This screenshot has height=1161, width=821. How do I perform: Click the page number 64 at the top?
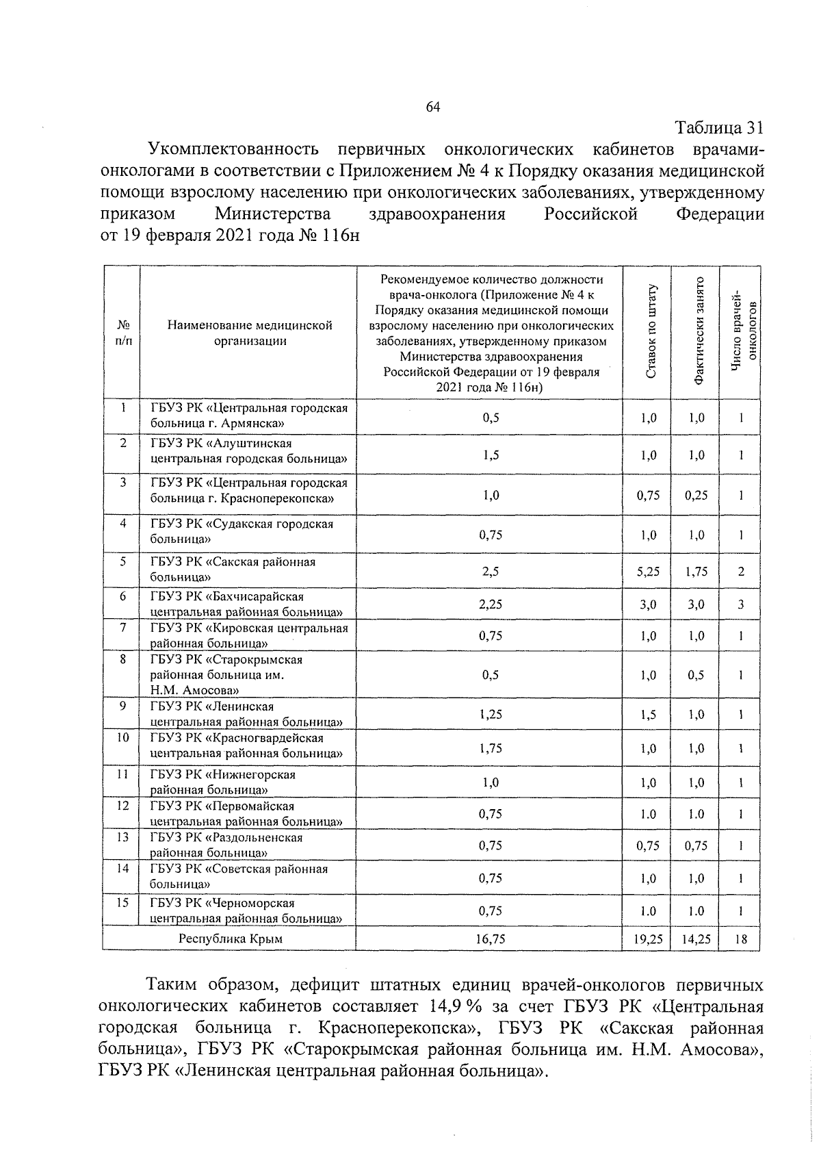[x=432, y=107]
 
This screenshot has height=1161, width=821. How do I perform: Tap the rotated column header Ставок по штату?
[x=651, y=332]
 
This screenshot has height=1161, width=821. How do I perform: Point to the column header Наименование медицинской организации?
[x=250, y=333]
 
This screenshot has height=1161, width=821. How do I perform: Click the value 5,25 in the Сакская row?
[x=648, y=572]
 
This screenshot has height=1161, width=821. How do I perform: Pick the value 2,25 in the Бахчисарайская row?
[x=491, y=604]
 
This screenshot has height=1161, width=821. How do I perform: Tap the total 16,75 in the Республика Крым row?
[x=491, y=939]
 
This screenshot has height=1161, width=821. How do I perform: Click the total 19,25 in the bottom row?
[x=648, y=939]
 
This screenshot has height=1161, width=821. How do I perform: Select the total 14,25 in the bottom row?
[x=696, y=939]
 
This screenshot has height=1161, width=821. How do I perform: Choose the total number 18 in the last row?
[x=741, y=939]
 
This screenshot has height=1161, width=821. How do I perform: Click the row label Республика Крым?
[x=231, y=939]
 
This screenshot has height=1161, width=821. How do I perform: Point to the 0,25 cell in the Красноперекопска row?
[x=696, y=495]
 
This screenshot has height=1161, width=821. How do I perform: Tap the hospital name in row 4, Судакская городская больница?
[x=242, y=531]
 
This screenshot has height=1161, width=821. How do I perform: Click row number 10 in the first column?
[x=122, y=738]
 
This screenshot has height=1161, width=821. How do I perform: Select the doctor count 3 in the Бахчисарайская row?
[x=741, y=604]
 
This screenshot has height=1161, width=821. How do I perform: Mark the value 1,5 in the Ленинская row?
[x=648, y=715]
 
